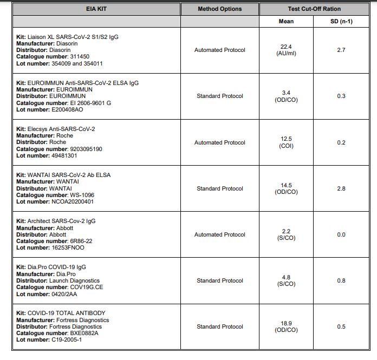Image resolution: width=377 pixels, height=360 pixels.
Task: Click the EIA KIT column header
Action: pyautogui.click(x=96, y=9)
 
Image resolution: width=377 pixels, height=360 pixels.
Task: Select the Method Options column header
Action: pyautogui.click(x=219, y=9)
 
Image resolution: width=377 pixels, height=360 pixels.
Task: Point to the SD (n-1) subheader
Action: pyautogui.click(x=341, y=21)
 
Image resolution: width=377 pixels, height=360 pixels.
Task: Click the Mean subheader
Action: pyautogui.click(x=286, y=21)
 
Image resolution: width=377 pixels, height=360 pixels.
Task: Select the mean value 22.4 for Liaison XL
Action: pyautogui.click(x=286, y=47)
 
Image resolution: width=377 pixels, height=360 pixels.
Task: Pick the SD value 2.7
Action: pyautogui.click(x=341, y=50)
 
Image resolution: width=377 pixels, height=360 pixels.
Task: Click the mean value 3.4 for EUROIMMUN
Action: pyautogui.click(x=286, y=93)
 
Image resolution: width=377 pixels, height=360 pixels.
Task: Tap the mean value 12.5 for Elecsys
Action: pyautogui.click(x=286, y=139)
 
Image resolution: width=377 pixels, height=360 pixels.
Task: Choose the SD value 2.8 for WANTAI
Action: pyautogui.click(x=341, y=188)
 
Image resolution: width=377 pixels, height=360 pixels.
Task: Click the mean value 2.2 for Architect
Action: pyautogui.click(x=286, y=231)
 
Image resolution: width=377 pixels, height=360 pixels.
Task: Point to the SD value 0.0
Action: pyautogui.click(x=341, y=234)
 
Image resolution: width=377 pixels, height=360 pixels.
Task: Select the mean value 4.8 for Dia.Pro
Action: pyautogui.click(x=286, y=277)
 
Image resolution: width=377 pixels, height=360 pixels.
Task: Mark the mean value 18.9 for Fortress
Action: pyautogui.click(x=286, y=323)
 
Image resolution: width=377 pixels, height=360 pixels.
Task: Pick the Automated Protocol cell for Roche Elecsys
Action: pyautogui.click(x=219, y=142)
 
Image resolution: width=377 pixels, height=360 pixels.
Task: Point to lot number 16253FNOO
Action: pyautogui.click(x=67, y=248)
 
